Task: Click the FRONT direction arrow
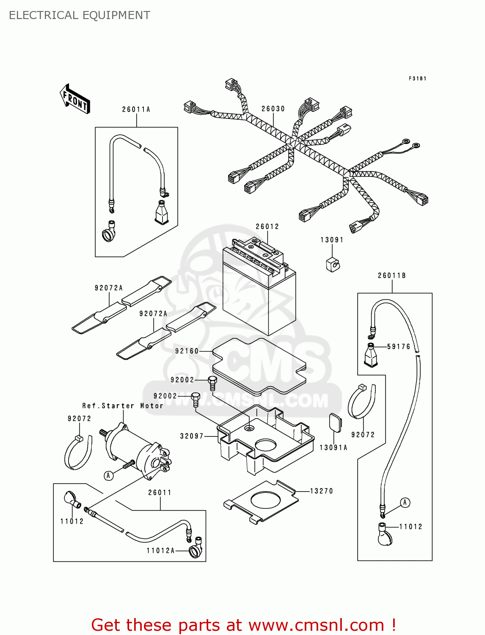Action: point(75,99)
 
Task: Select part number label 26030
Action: point(273,109)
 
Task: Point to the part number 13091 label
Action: point(332,240)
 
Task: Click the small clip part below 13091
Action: point(332,264)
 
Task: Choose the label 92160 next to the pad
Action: point(187,351)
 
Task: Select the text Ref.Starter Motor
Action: point(123,406)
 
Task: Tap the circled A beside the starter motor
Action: point(109,475)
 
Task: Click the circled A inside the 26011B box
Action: point(405,502)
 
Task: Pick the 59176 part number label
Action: point(399,347)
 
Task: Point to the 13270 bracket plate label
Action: point(322,491)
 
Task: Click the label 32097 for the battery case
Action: point(192,436)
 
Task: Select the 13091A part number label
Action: point(333,447)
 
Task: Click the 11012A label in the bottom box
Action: point(160,551)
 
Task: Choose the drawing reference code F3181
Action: point(417,78)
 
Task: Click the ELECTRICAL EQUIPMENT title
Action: point(80,15)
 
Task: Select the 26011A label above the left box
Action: point(136,109)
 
